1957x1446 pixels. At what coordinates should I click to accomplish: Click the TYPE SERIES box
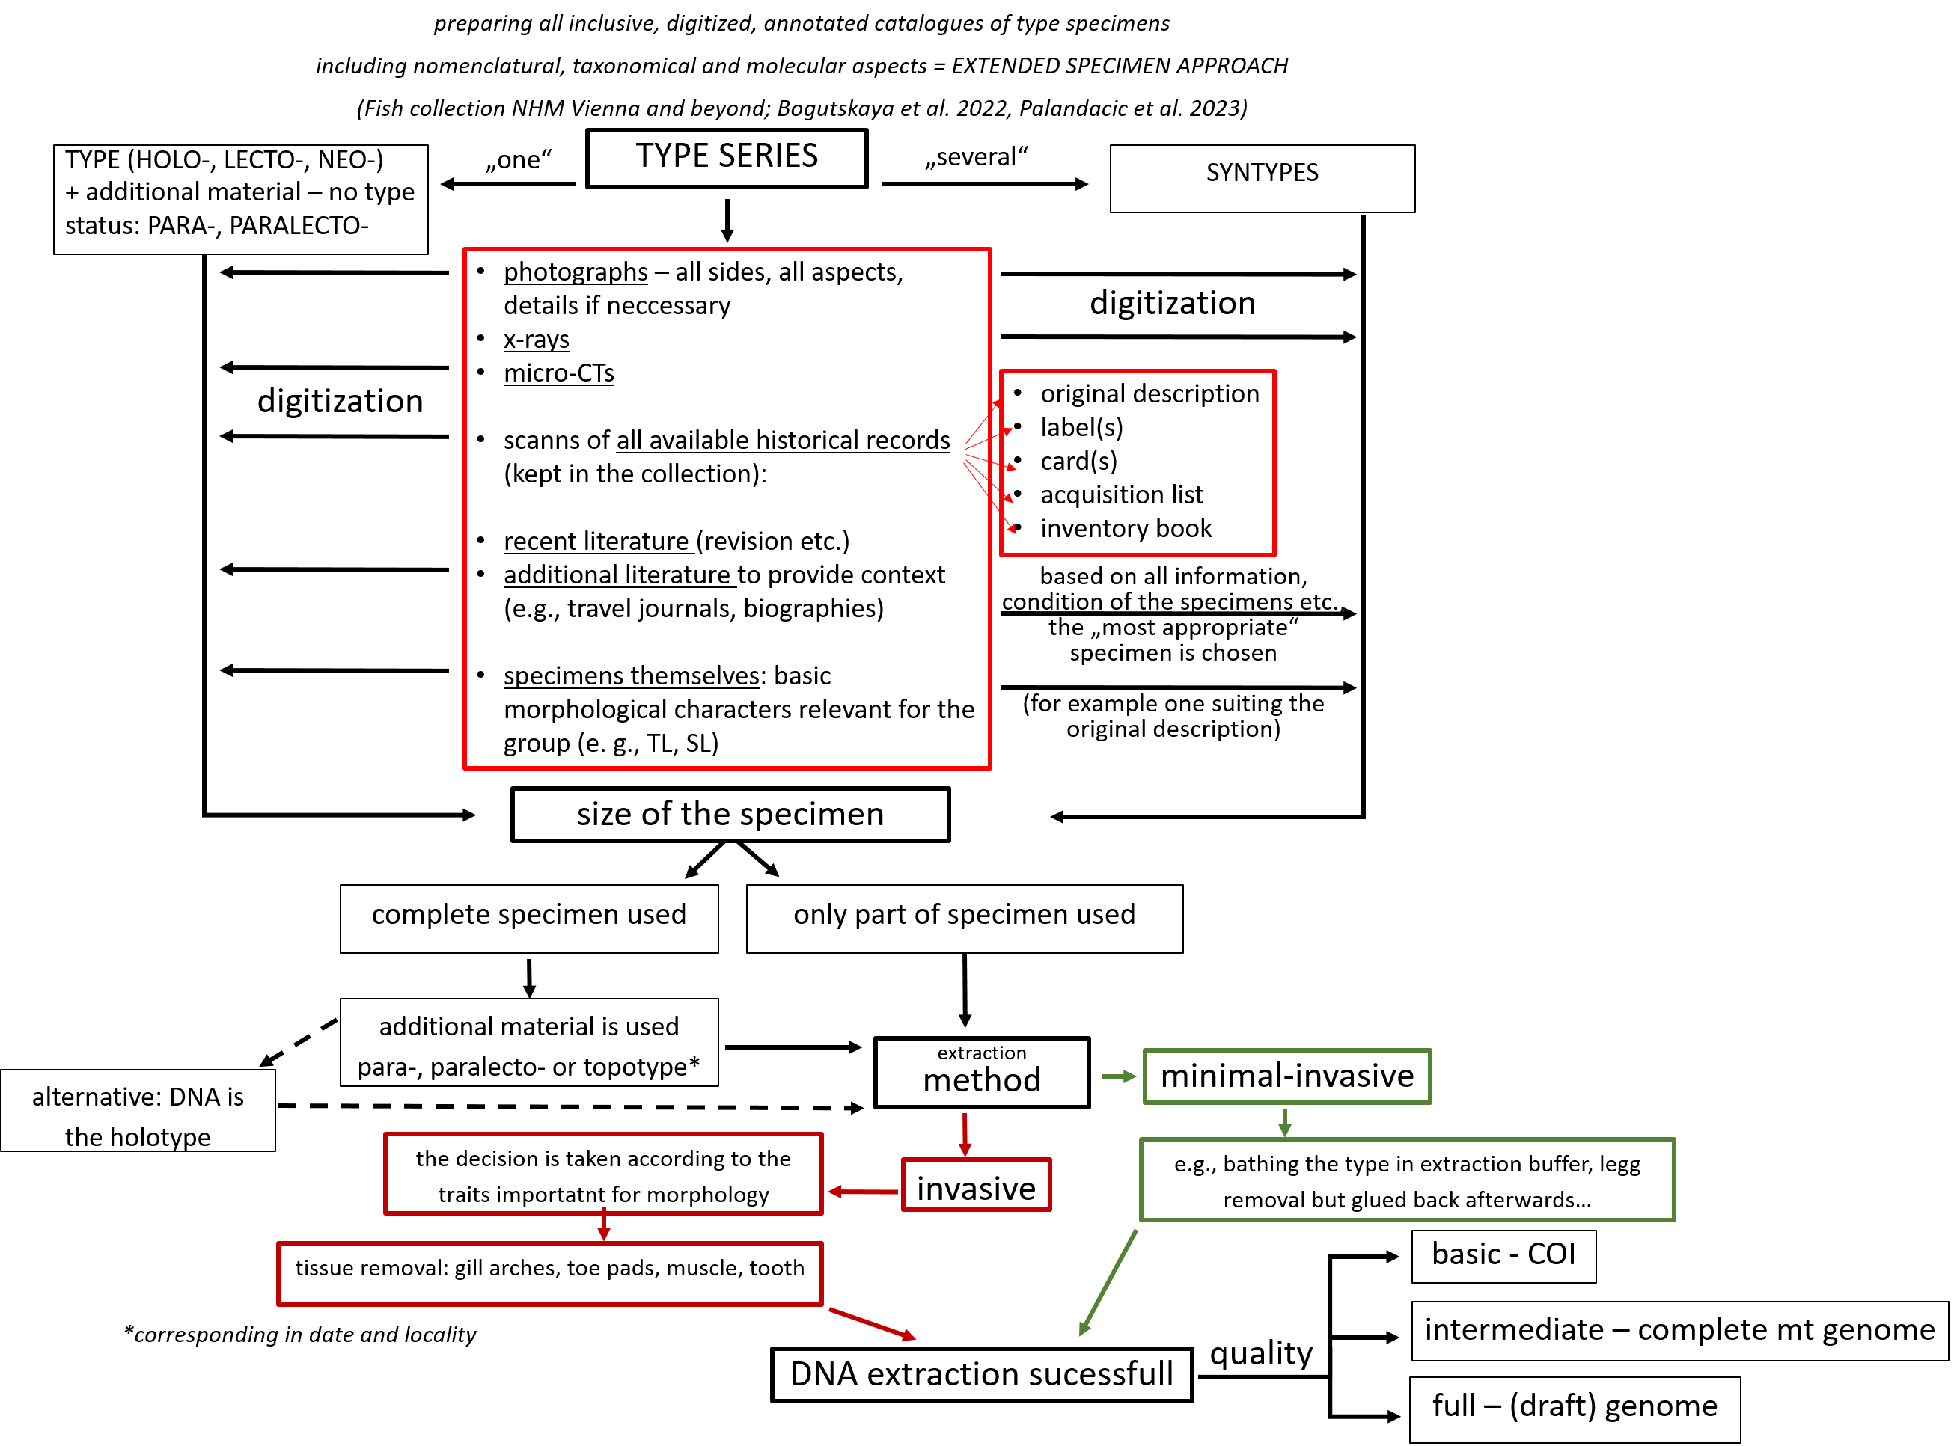pos(726,158)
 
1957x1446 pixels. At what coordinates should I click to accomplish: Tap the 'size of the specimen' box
pos(730,814)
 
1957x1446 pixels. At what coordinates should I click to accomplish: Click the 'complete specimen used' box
pos(529,916)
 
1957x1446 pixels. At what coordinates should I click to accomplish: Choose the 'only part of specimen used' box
pos(964,916)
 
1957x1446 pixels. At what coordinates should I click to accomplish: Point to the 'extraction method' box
pos(982,1072)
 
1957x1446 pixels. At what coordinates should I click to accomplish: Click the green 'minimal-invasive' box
pos(1286,1076)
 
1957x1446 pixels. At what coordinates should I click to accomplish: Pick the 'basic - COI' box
pos(1503,1255)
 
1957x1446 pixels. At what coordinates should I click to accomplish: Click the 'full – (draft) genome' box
pos(1574,1406)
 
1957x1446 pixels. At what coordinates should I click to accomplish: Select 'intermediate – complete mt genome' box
pos(1679,1331)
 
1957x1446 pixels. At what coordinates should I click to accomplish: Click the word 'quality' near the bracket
pos(1261,1353)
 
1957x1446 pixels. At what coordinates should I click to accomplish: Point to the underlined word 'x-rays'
pos(536,340)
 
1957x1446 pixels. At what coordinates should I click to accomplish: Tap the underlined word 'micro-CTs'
pos(558,374)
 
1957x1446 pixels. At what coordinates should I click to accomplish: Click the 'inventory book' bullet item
pos(1125,529)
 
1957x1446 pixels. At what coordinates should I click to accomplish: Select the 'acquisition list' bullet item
pos(1121,495)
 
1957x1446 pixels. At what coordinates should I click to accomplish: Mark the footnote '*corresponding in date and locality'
pos(300,1335)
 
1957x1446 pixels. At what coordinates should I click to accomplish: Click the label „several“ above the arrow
pos(977,158)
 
